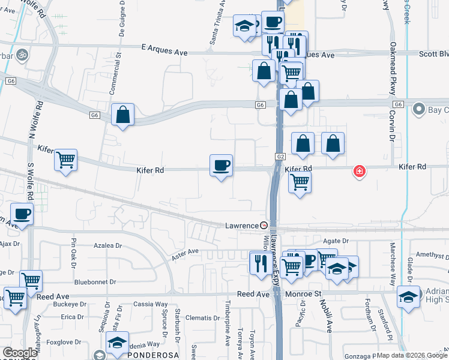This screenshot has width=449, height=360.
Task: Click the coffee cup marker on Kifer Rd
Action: point(221,165)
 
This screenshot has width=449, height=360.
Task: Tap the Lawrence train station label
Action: point(241,226)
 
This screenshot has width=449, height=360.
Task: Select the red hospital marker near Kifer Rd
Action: point(360,172)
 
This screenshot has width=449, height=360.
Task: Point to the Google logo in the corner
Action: point(20,352)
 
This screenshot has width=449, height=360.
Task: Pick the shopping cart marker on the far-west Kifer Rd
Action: point(65,160)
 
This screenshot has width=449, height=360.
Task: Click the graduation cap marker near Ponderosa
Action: point(117,343)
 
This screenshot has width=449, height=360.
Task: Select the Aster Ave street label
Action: point(185,254)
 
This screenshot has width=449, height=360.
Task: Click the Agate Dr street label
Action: point(336,241)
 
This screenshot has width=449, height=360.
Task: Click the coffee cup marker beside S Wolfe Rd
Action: point(22,214)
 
